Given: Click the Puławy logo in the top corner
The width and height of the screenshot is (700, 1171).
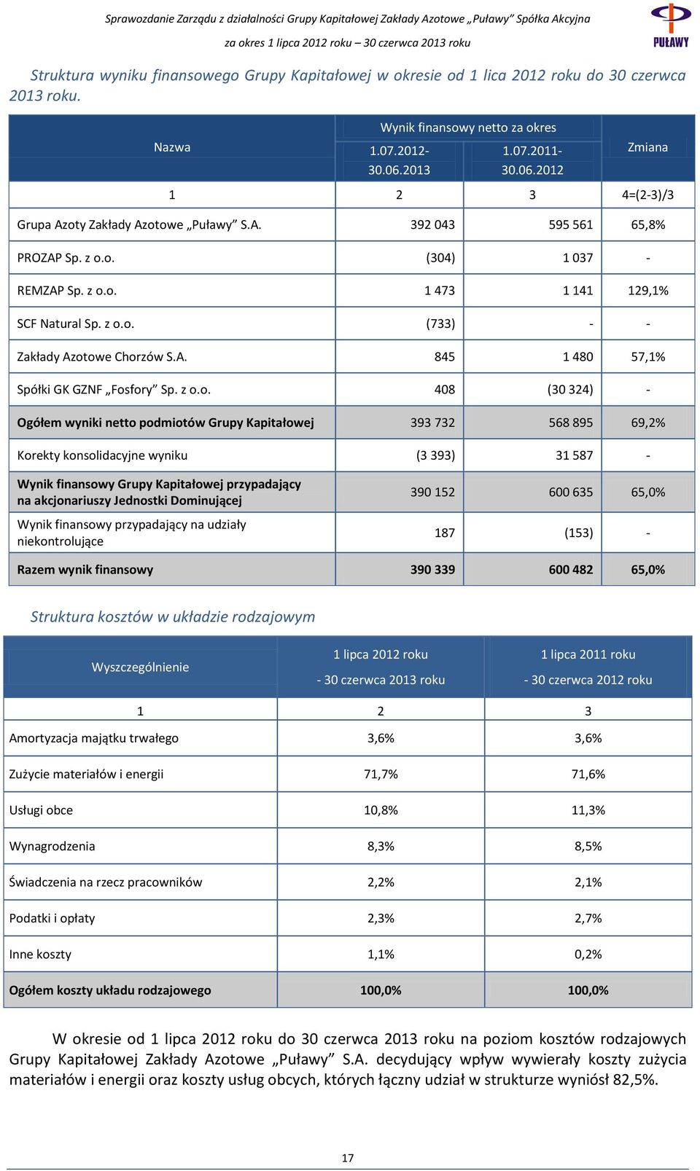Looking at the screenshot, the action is point(671,25).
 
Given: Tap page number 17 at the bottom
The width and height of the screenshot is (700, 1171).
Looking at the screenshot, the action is point(348,1158).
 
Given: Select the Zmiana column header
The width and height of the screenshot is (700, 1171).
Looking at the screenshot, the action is point(647,147).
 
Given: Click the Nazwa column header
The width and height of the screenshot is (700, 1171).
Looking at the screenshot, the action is point(172,147).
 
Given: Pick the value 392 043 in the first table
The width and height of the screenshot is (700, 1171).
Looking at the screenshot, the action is point(432,224).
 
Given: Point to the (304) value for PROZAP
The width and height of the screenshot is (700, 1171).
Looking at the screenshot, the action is point(440,258).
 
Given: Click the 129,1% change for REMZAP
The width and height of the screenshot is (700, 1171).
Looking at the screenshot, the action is point(648,291).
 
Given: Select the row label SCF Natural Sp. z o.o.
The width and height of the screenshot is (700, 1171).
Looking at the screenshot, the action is point(76,324).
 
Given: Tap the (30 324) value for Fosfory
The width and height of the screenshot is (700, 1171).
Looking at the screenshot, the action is point(570,389).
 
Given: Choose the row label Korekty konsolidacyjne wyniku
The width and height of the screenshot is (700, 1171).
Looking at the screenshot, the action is point(103,455).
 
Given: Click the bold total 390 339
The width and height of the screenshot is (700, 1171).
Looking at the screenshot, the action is point(432,570).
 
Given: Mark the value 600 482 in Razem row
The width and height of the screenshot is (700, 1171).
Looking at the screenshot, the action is point(571,570).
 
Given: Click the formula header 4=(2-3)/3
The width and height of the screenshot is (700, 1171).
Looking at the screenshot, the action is point(647,195).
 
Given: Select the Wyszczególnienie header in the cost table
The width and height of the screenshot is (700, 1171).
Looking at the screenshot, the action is point(140,667).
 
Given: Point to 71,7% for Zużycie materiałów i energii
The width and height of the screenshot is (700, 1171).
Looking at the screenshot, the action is point(381,774).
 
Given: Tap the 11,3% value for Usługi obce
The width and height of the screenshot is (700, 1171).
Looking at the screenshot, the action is point(588,810).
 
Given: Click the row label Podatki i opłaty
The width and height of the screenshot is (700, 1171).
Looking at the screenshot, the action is point(52,918).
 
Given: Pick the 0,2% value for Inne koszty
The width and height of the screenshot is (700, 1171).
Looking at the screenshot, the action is point(588,954).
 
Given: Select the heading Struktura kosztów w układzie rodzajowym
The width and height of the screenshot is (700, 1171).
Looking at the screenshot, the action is point(173,617).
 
